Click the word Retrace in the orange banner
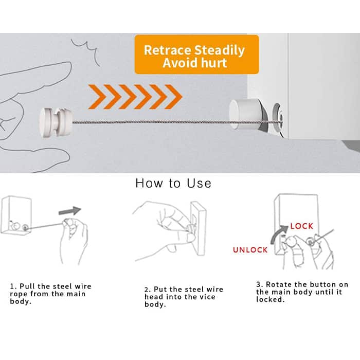[167, 50]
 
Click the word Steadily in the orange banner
[220, 51]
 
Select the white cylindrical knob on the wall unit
[244, 113]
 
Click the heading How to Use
[173, 183]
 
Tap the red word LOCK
[301, 226]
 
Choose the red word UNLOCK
[250, 250]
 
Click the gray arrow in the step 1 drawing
[70, 210]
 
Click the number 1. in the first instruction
[13, 286]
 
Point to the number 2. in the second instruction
[148, 289]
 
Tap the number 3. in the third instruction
[260, 284]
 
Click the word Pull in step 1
[27, 286]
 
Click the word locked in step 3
[270, 300]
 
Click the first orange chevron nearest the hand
[97, 97]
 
